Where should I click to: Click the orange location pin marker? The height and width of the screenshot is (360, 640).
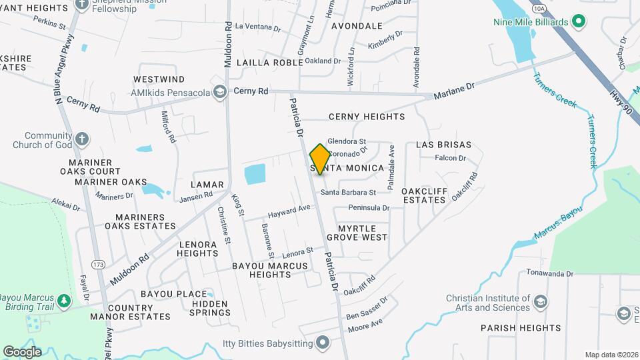point(320,159)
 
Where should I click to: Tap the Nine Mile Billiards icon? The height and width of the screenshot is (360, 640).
point(579,22)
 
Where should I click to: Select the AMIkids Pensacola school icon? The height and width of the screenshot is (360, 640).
point(219,91)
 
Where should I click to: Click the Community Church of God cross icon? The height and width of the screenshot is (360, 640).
point(81,139)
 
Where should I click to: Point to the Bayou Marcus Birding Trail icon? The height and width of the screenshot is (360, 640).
point(64,301)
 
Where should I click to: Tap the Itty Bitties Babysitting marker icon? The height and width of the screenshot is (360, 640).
point(323,344)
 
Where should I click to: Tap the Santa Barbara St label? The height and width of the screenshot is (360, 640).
point(348,192)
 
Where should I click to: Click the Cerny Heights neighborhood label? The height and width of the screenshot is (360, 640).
point(367,117)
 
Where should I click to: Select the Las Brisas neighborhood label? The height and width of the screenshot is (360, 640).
point(443,145)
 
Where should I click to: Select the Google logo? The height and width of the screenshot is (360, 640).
point(22,351)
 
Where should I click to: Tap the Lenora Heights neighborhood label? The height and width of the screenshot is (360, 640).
point(197,249)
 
